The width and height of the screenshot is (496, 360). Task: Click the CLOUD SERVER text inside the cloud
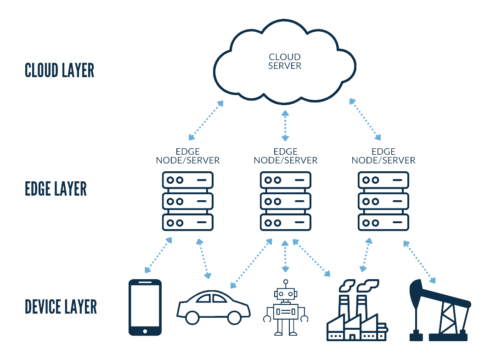coord(285,62)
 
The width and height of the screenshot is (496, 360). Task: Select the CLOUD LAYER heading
coord(59,71)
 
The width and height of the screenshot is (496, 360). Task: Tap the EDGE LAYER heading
coord(56,189)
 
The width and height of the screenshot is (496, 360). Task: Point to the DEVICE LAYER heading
coord(61,307)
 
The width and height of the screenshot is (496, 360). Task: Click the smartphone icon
coord(145,307)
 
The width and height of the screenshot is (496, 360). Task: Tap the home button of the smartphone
coord(145,331)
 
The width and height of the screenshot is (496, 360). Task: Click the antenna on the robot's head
coord(286,283)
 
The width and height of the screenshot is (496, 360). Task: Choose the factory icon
coord(356,312)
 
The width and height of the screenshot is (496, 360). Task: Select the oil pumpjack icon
coord(439,310)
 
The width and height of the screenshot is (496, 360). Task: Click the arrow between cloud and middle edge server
coord(285,125)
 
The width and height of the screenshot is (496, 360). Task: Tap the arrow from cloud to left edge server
coord(206,120)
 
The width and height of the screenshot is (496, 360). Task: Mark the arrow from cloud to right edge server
coord(366,119)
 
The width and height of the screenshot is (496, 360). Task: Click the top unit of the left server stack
coord(188,180)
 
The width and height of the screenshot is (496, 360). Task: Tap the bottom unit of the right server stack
coord(383,222)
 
